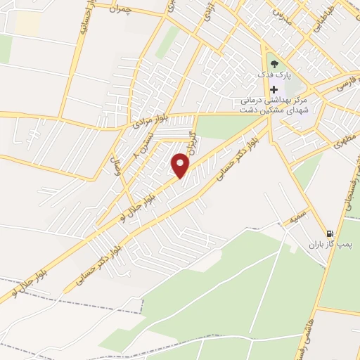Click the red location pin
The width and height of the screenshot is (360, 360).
pyautogui.click(x=181, y=165)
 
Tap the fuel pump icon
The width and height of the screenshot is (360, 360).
pyautogui.click(x=328, y=234)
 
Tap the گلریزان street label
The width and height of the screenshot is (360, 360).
pyautogui.click(x=190, y=143)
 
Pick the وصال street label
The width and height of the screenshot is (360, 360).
pyautogui.click(x=110, y=168)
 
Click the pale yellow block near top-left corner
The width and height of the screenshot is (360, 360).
pyautogui.click(x=27, y=23)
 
